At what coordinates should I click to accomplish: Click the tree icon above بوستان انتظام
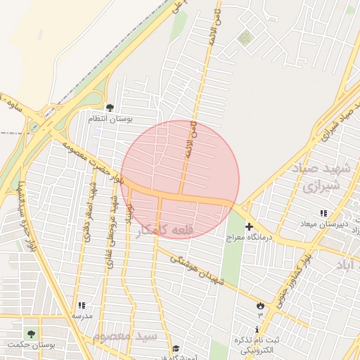[x=109, y=108]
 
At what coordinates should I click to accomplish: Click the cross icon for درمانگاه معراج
[x=249, y=226]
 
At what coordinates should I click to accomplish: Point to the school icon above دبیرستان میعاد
[x=323, y=213]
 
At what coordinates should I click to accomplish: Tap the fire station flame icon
[x=262, y=306]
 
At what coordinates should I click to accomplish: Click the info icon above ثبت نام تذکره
[x=257, y=329]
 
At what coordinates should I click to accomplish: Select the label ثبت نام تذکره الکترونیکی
[x=259, y=345]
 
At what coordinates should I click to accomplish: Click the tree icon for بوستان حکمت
[x=30, y=333]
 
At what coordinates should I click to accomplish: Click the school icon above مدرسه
[x=82, y=306]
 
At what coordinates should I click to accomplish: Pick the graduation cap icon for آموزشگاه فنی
[x=175, y=348]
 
